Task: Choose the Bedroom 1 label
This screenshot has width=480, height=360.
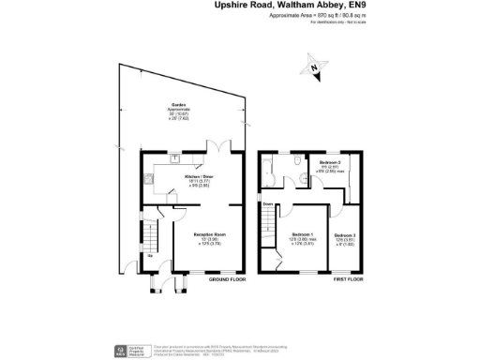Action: pos(302,233)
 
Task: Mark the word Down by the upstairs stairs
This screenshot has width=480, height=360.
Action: pos(266,203)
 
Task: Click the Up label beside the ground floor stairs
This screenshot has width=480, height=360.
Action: pos(148,255)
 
